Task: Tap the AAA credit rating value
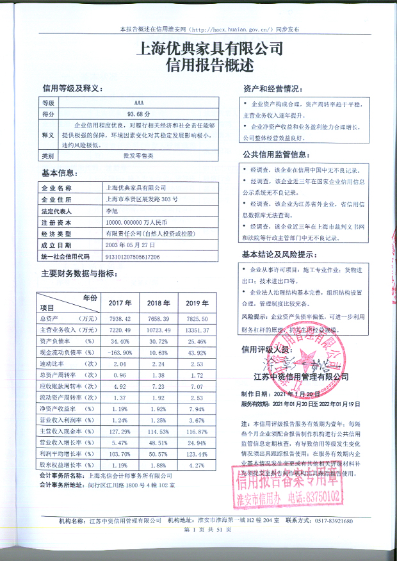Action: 139,102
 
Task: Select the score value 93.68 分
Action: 139,113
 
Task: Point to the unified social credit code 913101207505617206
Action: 132,257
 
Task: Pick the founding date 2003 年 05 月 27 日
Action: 127,245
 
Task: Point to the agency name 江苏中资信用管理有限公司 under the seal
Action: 300,377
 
